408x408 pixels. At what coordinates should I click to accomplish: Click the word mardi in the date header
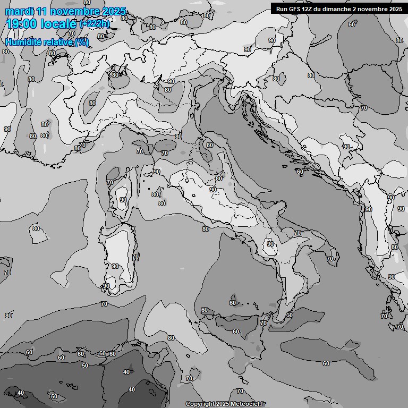click(x=18, y=11)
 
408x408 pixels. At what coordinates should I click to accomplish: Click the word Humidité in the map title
click(x=23, y=42)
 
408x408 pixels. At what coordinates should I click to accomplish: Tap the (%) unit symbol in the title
click(x=81, y=42)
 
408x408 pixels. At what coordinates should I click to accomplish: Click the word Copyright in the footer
click(x=200, y=404)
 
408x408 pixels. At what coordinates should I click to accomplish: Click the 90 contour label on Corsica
click(x=123, y=200)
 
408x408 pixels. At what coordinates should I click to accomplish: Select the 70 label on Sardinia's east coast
click(x=135, y=256)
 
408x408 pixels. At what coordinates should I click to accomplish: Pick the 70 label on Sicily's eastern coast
click(x=263, y=322)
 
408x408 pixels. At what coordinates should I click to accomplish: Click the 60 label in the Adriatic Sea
click(x=300, y=172)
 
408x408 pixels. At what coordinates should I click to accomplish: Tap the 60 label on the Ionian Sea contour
click(x=326, y=363)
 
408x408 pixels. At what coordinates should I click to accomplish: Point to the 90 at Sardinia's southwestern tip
click(x=106, y=286)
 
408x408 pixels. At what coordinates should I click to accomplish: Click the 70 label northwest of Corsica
click(x=82, y=144)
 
